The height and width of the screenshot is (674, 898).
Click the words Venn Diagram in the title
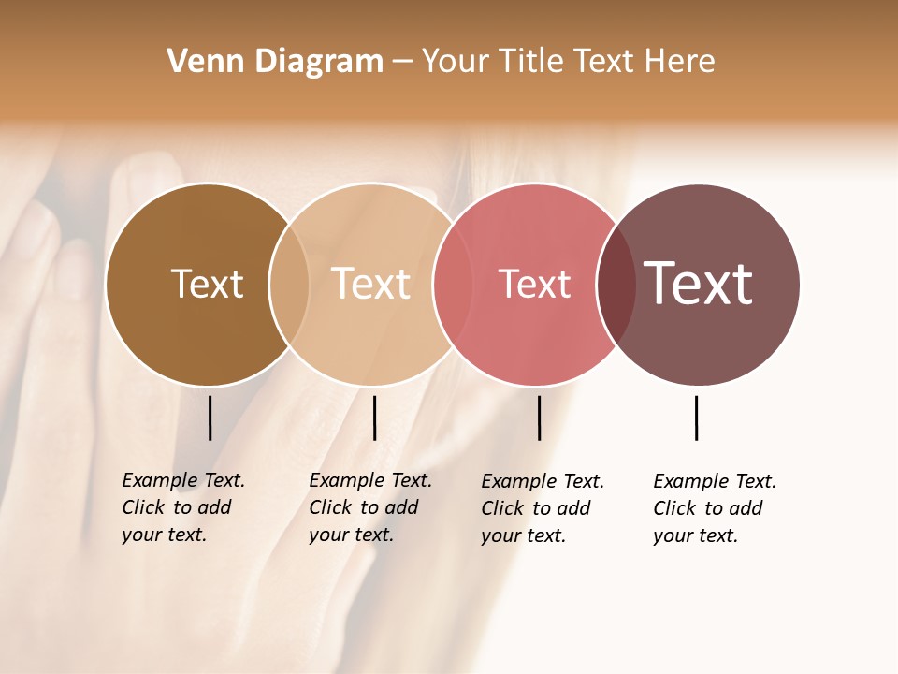coord(275,62)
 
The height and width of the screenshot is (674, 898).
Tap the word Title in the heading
coord(530,62)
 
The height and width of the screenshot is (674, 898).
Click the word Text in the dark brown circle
coord(207,284)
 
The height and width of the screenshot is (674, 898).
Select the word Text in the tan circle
coord(370,284)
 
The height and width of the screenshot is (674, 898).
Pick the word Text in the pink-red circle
coord(534,285)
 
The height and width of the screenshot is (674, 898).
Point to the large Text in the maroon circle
coord(698,284)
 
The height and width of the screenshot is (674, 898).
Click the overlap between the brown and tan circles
coord(289,285)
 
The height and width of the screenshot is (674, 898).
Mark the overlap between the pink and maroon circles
coord(616,285)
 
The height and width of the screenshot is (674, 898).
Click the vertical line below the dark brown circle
coord(210,418)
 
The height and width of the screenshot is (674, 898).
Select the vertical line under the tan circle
coord(374,418)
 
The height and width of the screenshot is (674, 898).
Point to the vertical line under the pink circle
coord(539,418)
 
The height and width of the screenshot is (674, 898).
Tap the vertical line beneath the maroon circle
coord(696,418)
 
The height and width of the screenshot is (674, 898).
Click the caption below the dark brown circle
coord(183,507)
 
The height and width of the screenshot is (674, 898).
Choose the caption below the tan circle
coord(370,507)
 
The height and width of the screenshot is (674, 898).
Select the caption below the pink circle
coord(543,508)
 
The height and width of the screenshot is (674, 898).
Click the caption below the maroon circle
coord(715,508)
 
